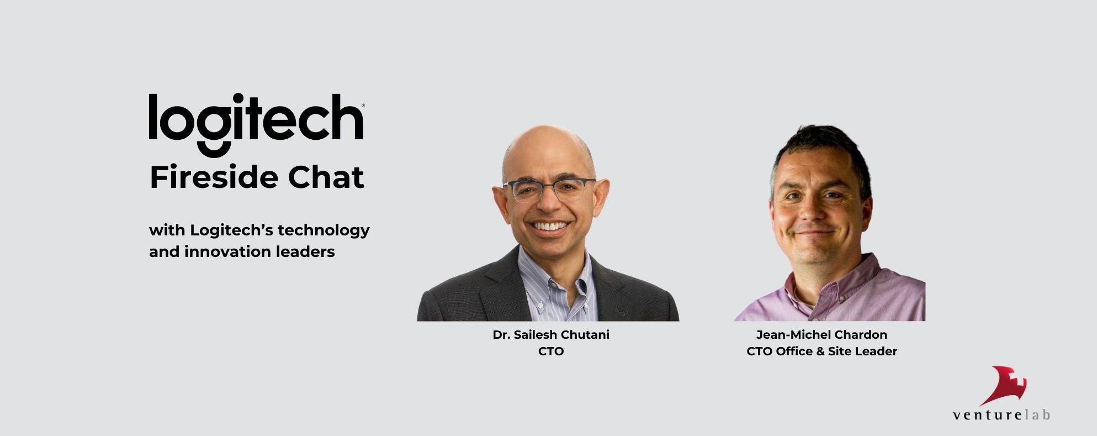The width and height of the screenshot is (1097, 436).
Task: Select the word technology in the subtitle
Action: pyautogui.click(x=324, y=230)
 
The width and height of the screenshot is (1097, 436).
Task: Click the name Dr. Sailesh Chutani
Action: pyautogui.click(x=551, y=335)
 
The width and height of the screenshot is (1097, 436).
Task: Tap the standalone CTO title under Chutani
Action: pyautogui.click(x=551, y=351)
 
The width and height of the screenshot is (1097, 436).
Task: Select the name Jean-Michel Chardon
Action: pyautogui.click(x=822, y=335)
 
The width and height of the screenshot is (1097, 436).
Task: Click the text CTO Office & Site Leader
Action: pyautogui.click(x=822, y=351)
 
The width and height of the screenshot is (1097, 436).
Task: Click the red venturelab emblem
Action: pyautogui.click(x=1004, y=385)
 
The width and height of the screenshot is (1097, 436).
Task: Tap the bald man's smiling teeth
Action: pyautogui.click(x=549, y=226)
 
